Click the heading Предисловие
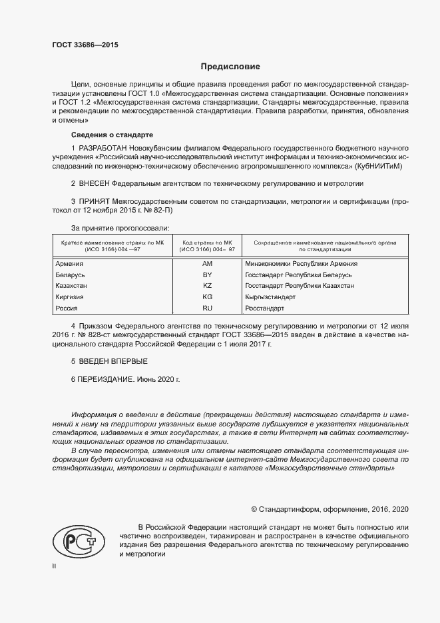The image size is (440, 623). (230, 67)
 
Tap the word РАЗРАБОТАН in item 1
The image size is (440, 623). (101, 147)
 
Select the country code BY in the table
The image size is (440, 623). (207, 275)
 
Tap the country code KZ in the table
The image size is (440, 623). (207, 286)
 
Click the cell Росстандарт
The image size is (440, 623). (265, 309)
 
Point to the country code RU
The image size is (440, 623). (207, 309)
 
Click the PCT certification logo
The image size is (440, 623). (78, 542)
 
